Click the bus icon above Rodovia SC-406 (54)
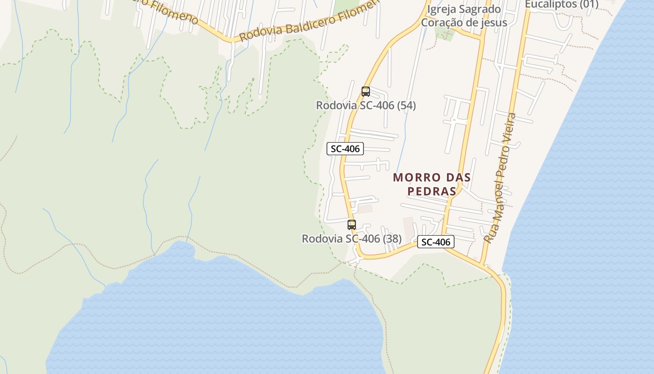[x=365, y=92]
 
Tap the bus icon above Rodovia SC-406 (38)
[x=352, y=225]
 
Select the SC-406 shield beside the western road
[x=345, y=149]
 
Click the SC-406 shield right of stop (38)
[x=435, y=242]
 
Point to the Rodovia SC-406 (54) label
[x=366, y=106]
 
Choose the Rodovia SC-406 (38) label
[x=351, y=239]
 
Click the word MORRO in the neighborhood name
[x=417, y=178]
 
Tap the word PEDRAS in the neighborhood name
[x=432, y=191]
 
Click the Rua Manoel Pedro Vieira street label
[x=500, y=178]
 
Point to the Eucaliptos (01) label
[x=561, y=5]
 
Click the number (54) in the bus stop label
[x=406, y=106]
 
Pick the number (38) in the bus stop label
[x=392, y=239]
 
